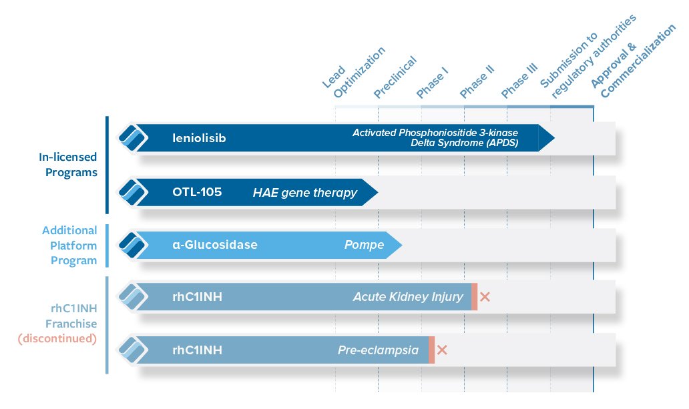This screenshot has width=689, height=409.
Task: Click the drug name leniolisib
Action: [x=199, y=138]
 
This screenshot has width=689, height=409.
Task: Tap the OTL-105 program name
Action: [x=197, y=192]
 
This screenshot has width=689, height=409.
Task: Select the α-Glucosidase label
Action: [x=215, y=245]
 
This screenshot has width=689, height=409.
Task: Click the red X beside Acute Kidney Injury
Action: [x=485, y=297]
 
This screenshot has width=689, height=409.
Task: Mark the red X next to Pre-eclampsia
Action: [x=442, y=350]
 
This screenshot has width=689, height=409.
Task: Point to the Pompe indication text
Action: [x=365, y=245]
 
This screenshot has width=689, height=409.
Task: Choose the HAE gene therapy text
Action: [x=305, y=193]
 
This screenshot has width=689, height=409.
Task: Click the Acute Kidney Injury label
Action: [x=408, y=298]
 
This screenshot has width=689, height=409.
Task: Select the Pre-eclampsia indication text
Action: [x=379, y=350]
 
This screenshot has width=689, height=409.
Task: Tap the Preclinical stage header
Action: [x=395, y=77]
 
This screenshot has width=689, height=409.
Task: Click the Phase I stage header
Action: [x=432, y=83]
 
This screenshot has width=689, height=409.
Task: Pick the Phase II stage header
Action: [x=477, y=81]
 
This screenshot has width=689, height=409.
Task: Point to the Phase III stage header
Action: [x=519, y=81]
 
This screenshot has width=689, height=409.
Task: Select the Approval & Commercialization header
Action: [x=633, y=61]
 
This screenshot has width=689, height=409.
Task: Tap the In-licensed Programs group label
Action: [x=68, y=165]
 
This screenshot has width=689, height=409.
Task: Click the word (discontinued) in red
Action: [x=57, y=339]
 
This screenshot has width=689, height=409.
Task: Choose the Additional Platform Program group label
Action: [x=69, y=246]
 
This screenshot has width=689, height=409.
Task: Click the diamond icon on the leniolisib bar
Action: [x=133, y=138]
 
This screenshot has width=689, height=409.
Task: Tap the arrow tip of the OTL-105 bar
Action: [x=378, y=192]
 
